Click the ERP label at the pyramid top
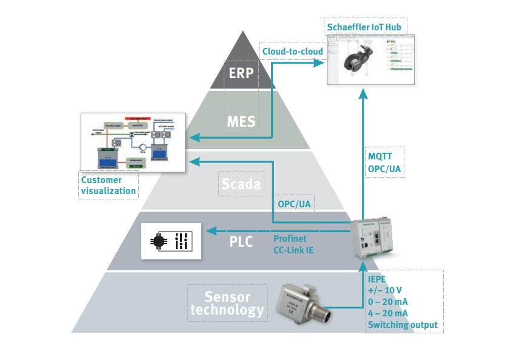click(x=240, y=73)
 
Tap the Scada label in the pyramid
click(x=241, y=182)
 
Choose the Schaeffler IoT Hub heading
click(x=364, y=27)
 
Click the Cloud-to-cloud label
click(x=293, y=51)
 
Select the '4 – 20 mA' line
click(x=388, y=313)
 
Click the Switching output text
click(x=402, y=325)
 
